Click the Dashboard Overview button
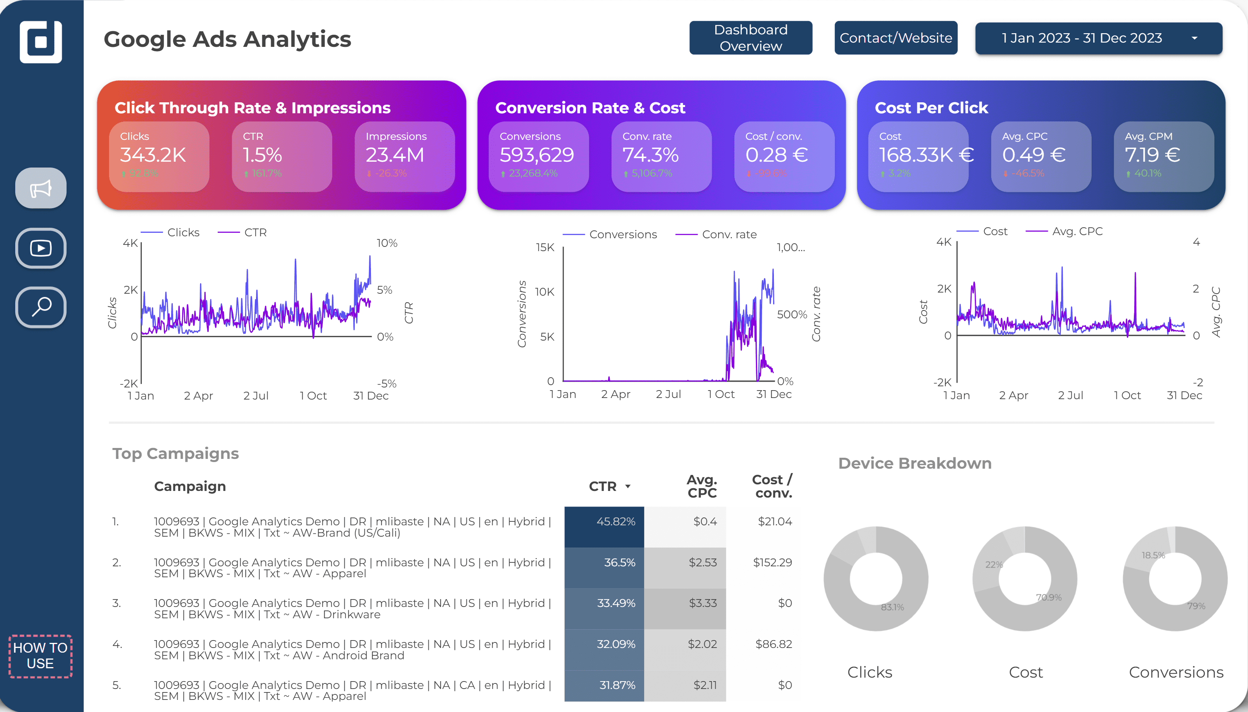750,37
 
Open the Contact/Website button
895,37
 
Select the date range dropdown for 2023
1098,37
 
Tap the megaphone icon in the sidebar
41,188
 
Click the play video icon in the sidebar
41,248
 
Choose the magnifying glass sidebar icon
41,307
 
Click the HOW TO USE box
40,656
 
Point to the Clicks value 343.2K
153,155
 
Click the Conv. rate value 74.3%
650,155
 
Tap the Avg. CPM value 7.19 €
1152,155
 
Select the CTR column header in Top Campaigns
603,486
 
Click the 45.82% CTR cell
616,521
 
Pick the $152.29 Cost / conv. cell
772,562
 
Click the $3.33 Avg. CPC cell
702,603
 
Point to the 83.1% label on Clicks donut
892,607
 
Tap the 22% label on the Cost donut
994,564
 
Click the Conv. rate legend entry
729,234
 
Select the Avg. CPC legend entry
1077,231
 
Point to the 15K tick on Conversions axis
545,248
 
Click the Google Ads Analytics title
227,39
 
